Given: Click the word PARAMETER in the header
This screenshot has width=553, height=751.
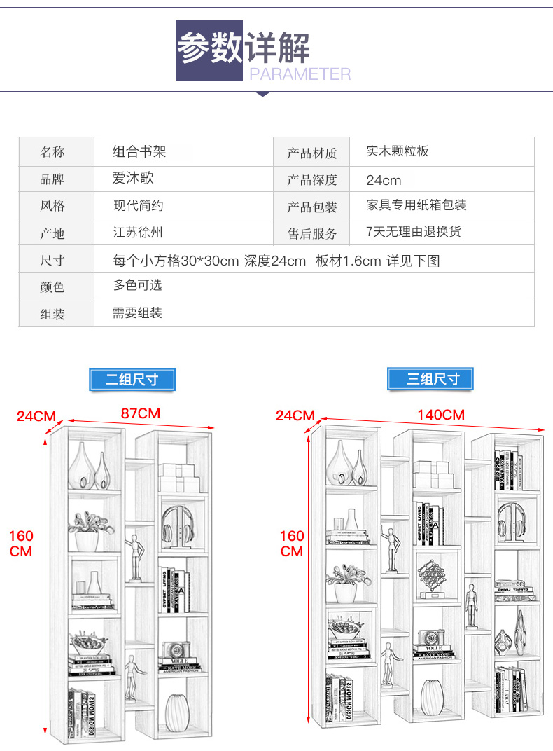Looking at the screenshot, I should pyautogui.click(x=300, y=74).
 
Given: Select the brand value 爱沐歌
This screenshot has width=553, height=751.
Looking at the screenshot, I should pyautogui.click(x=133, y=179).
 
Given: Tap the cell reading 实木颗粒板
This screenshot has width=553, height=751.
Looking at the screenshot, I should pyautogui.click(x=398, y=151).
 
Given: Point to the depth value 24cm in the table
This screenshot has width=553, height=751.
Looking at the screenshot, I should pyautogui.click(x=384, y=180).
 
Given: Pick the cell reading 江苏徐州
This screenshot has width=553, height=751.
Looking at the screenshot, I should pyautogui.click(x=138, y=232).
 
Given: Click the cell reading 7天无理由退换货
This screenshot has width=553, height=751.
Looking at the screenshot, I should pyautogui.click(x=414, y=232).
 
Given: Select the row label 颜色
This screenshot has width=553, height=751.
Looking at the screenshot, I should pyautogui.click(x=52, y=287).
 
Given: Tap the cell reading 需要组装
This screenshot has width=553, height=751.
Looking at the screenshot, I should pyautogui.click(x=137, y=313).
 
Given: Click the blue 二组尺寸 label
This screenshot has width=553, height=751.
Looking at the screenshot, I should pyautogui.click(x=132, y=380).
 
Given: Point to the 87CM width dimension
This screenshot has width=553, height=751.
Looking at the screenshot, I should pyautogui.click(x=141, y=413).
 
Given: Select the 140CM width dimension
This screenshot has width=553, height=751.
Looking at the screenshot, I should pyautogui.click(x=441, y=415).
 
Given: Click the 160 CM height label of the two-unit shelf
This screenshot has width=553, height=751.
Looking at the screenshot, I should pyautogui.click(x=21, y=544).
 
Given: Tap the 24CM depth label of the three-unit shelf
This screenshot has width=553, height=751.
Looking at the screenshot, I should pyautogui.click(x=295, y=415).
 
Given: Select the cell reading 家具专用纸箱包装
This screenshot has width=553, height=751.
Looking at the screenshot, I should pyautogui.click(x=416, y=205).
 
